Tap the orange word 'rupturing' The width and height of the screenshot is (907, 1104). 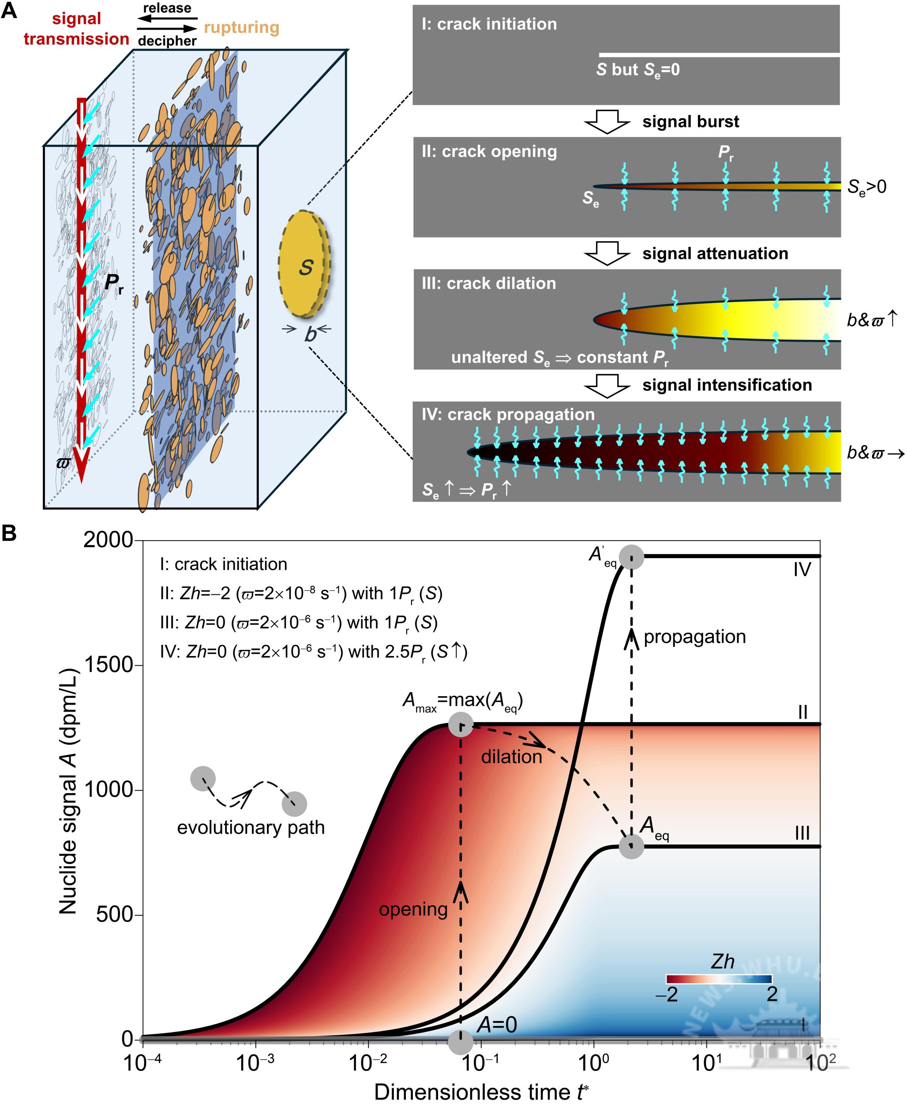(241, 27)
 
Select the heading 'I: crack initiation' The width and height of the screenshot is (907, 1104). (489, 24)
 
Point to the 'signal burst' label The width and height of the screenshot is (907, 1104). (690, 122)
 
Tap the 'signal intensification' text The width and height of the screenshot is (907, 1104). (727, 385)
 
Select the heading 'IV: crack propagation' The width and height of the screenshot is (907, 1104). (508, 414)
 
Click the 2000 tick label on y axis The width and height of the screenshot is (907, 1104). (109, 540)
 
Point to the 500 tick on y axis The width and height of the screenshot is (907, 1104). (114, 914)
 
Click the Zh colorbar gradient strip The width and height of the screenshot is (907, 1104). (719, 979)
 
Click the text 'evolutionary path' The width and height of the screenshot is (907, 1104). (251, 827)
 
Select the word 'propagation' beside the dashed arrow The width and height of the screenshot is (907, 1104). (694, 637)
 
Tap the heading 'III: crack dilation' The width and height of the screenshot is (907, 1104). (488, 283)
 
